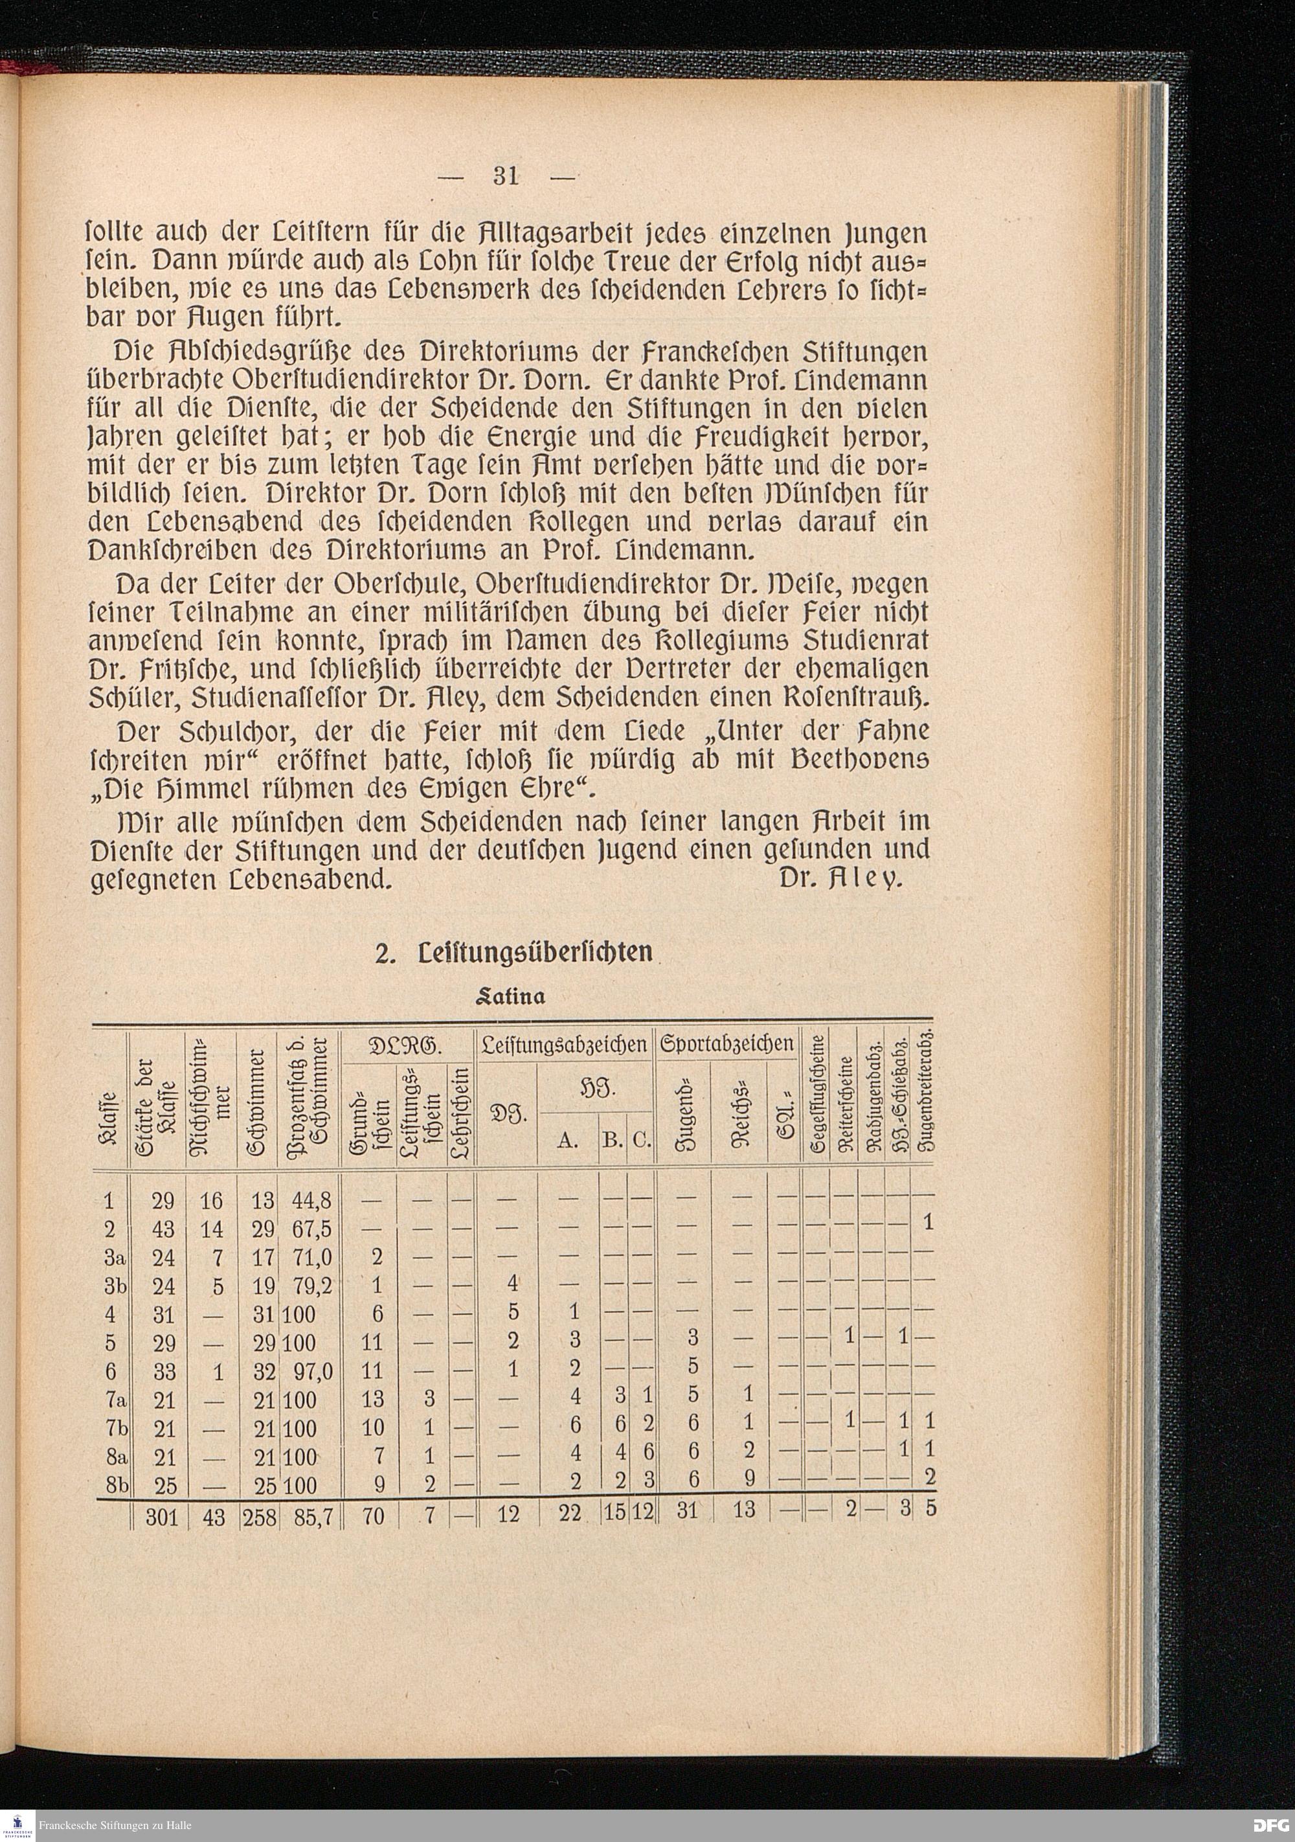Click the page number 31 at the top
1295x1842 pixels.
coord(506,176)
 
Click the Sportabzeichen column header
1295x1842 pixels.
coord(726,1045)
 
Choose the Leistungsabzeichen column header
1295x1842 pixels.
coord(564,1045)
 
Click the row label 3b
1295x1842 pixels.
coord(115,1284)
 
